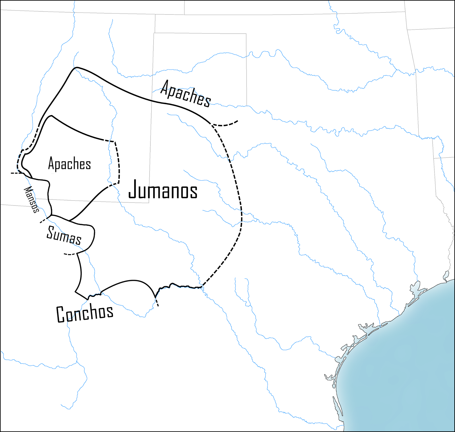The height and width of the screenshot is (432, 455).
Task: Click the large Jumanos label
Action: pos(163,190)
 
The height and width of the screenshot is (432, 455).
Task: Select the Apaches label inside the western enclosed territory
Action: pos(69,164)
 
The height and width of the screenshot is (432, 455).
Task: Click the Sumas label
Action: pos(64,235)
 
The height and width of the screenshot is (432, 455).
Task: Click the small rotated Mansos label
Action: pos(31,199)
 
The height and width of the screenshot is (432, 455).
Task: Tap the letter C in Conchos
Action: pos(61,315)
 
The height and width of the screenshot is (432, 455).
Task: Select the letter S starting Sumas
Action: pos(51,232)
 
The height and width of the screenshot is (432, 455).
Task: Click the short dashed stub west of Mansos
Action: pos(16,173)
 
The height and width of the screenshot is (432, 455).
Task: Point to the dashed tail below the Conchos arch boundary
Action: pos(157,302)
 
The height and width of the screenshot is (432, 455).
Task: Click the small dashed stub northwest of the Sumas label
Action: pos(44,220)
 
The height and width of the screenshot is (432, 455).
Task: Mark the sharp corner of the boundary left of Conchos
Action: pos(76,292)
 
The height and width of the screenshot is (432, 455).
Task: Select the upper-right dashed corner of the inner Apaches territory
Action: pos(114,141)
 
